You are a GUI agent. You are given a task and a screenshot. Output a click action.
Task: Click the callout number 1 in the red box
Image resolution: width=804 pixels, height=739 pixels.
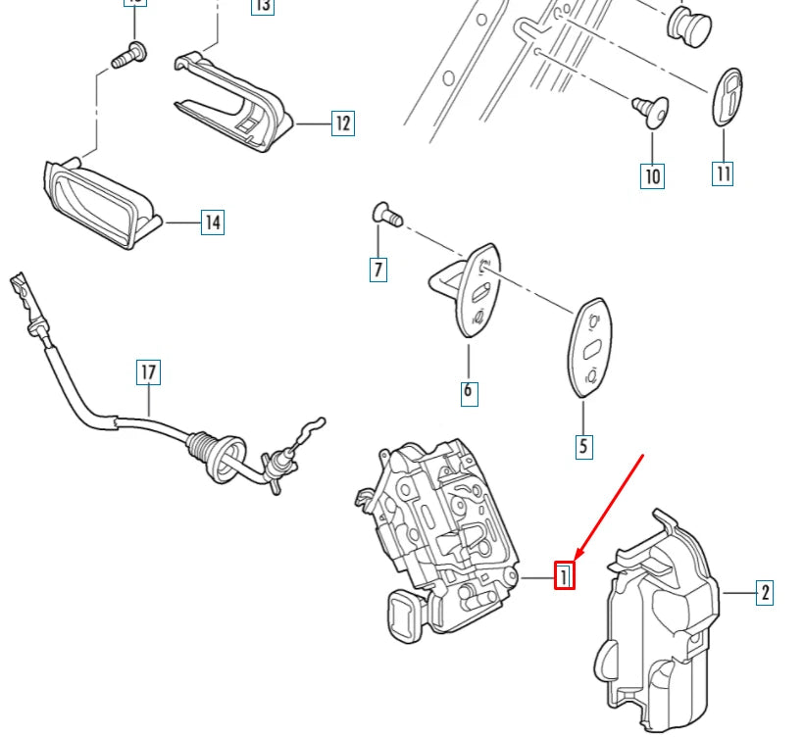click(564, 575)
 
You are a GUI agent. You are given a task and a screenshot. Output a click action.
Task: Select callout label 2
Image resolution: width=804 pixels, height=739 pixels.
click(764, 592)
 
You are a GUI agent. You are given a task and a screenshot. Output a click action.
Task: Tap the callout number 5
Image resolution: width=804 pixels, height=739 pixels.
click(583, 447)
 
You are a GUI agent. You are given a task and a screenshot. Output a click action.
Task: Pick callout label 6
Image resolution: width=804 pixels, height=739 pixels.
click(468, 392)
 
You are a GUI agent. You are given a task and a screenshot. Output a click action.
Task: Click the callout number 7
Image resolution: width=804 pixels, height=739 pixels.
click(377, 269)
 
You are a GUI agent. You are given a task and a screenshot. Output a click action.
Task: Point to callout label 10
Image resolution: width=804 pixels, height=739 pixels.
click(652, 176)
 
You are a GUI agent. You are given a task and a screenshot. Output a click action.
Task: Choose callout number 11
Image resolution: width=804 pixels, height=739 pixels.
click(723, 173)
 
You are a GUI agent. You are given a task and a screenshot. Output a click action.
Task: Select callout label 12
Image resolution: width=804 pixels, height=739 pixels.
click(342, 123)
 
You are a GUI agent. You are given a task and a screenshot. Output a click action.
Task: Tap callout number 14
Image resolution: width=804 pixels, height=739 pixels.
click(213, 222)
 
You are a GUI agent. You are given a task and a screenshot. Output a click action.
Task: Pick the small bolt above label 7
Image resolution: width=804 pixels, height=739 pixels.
click(385, 213)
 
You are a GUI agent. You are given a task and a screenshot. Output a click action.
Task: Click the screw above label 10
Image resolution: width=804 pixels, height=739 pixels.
click(649, 112)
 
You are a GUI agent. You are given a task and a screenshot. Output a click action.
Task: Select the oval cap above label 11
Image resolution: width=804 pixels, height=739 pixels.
click(726, 98)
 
